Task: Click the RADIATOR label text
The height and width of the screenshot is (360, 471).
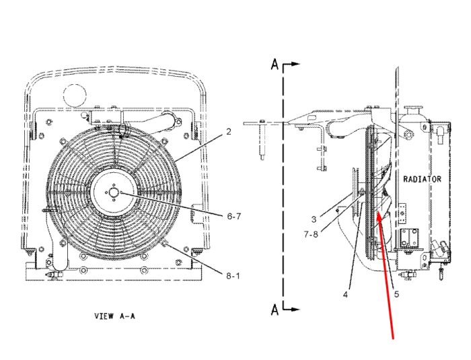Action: pyautogui.click(x=422, y=179)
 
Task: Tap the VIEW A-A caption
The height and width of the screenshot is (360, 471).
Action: pyautogui.click(x=115, y=316)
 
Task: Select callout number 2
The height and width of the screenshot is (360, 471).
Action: pyautogui.click(x=229, y=132)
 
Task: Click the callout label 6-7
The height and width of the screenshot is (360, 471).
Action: pyautogui.click(x=233, y=216)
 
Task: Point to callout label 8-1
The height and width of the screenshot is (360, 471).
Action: pyautogui.click(x=233, y=276)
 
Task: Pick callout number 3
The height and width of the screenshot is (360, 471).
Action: pyautogui.click(x=314, y=219)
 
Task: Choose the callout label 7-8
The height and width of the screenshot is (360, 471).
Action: pyautogui.click(x=311, y=234)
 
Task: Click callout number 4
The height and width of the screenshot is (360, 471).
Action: pyautogui.click(x=345, y=295)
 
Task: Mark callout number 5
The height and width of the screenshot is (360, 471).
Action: pyautogui.click(x=396, y=294)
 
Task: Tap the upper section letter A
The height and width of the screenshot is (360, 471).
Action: pyautogui.click(x=275, y=65)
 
